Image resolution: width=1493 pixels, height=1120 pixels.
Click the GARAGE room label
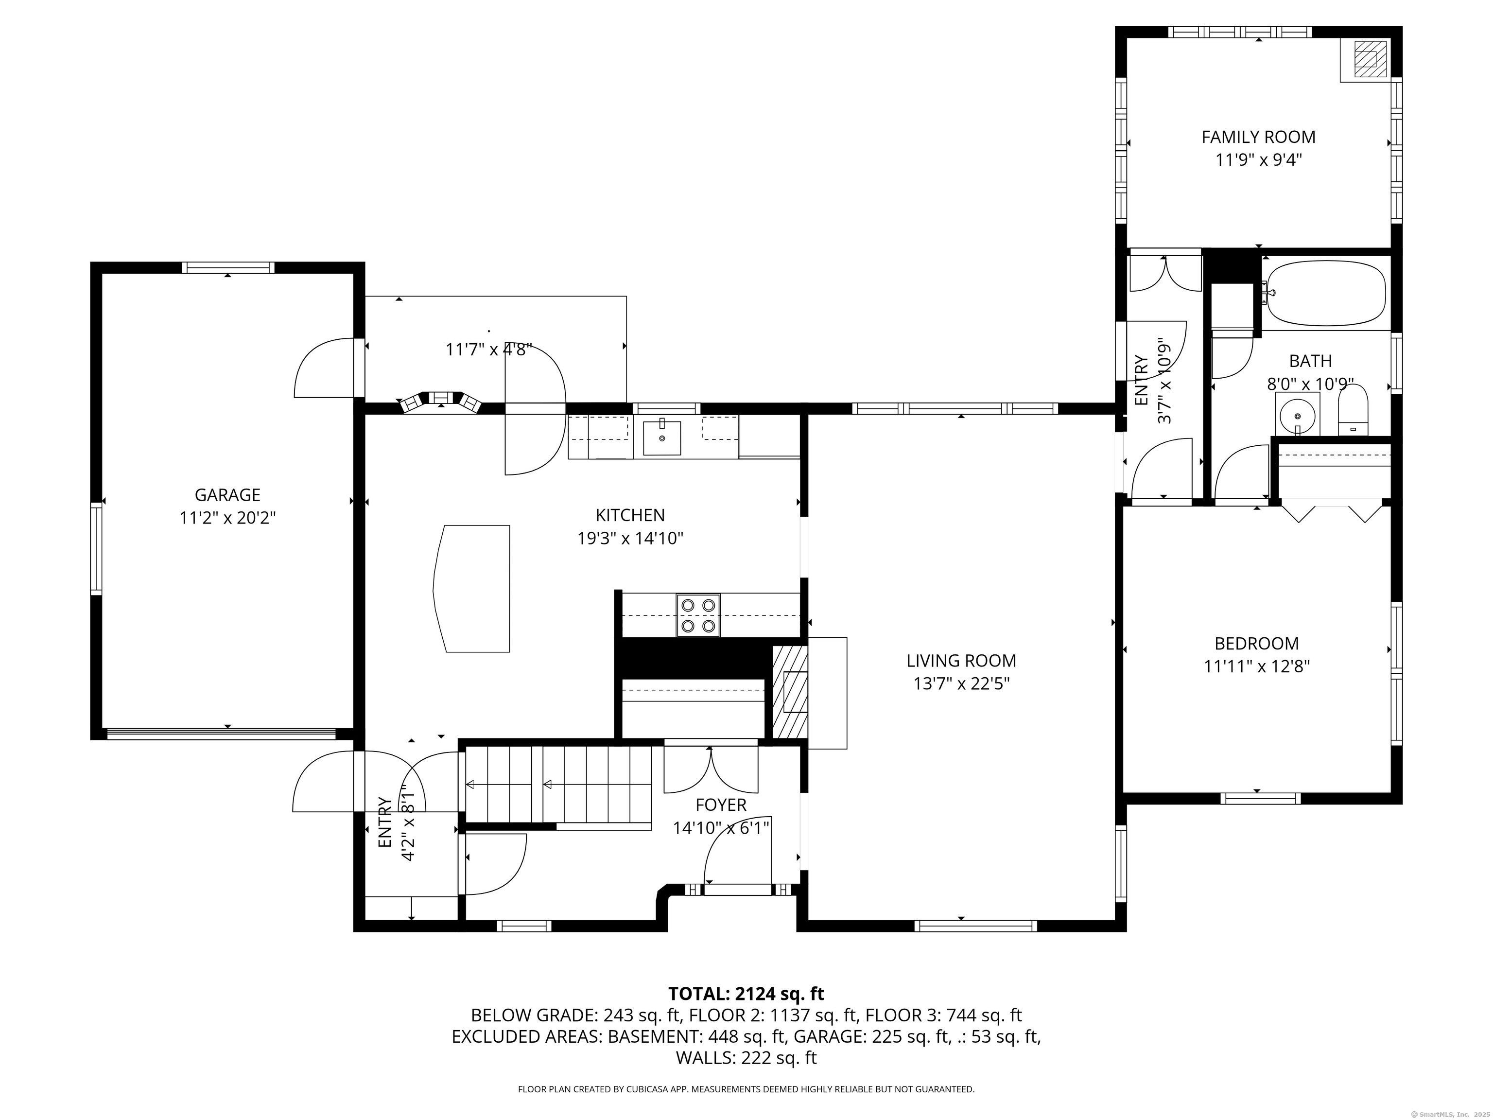coord(227,495)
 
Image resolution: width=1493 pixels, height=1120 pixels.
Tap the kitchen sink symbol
coord(661,437)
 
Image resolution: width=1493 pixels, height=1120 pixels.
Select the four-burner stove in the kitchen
coord(698,615)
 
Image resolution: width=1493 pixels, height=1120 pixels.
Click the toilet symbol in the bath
coord(1352,410)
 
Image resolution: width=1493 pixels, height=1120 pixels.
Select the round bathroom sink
coord(1297,413)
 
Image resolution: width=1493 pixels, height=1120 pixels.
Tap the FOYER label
coord(721,805)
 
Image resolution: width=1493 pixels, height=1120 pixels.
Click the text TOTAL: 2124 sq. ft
coord(746,994)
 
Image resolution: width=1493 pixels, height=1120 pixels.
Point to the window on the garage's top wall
coord(227,267)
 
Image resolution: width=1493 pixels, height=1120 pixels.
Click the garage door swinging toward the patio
coord(324,367)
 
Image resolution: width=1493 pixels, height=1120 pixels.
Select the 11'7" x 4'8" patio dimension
coord(488,349)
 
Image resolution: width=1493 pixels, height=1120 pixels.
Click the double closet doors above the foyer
coord(711,768)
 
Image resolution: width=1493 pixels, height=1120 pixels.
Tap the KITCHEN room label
coord(630,515)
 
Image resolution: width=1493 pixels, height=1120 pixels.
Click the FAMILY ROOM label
coord(1258,137)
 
